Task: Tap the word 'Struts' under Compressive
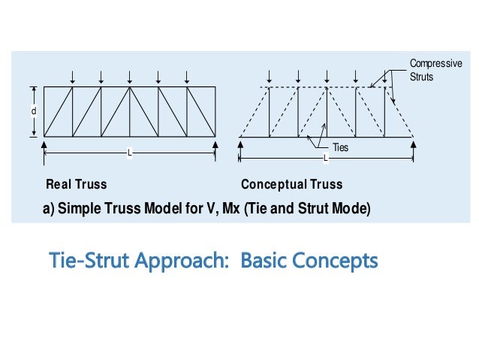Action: tap(422, 76)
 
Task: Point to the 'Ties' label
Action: tap(339, 148)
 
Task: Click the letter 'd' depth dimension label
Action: tap(33, 112)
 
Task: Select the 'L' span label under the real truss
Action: tap(130, 153)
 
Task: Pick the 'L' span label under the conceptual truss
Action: tap(326, 158)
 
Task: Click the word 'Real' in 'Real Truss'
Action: tap(59, 184)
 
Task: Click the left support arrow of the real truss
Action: tap(44, 144)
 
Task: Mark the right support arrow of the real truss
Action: tap(215, 144)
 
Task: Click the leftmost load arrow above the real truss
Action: tap(73, 77)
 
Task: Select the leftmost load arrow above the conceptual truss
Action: tap(270, 77)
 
